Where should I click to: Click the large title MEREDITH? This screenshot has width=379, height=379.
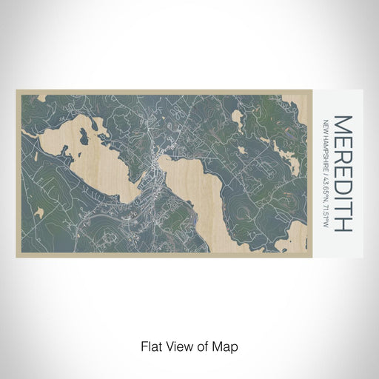[x=343, y=172]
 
